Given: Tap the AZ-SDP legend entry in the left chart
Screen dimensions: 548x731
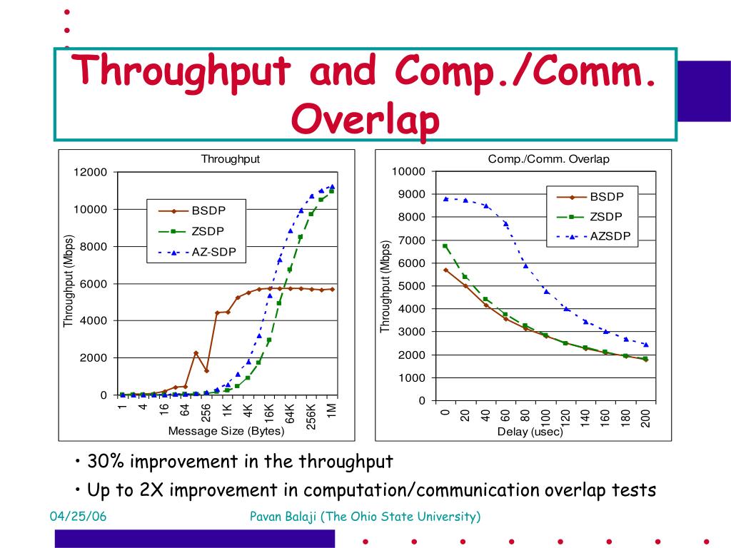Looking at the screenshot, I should point(213,252).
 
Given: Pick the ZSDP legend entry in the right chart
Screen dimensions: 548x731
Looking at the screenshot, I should point(606,217).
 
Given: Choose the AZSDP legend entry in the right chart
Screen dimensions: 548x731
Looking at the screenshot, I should point(610,236).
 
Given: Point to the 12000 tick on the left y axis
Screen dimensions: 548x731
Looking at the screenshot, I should point(90,172).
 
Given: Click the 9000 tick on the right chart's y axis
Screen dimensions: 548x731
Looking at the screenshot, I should point(410,194).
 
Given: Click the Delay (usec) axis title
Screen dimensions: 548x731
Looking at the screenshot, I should point(530,432).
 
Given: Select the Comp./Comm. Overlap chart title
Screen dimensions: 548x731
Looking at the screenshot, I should point(548,159).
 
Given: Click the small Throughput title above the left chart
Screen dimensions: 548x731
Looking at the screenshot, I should point(230,159).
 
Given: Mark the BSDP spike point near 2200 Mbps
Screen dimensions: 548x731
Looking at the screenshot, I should point(196,353).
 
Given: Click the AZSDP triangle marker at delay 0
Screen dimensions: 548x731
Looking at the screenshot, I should point(445,199).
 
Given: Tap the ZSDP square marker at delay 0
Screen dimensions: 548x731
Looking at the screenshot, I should point(445,246).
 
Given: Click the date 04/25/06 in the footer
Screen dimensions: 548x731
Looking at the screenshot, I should point(78,517).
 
